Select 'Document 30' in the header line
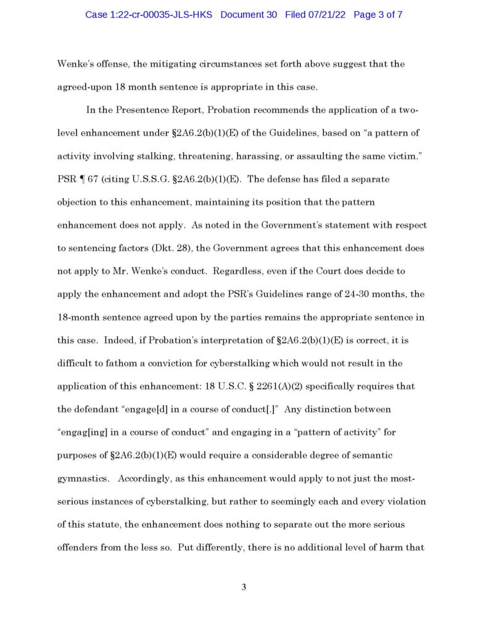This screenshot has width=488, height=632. [x=250, y=14]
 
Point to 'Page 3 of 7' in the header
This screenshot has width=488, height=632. [x=378, y=14]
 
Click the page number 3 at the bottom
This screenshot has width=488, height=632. [x=244, y=587]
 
